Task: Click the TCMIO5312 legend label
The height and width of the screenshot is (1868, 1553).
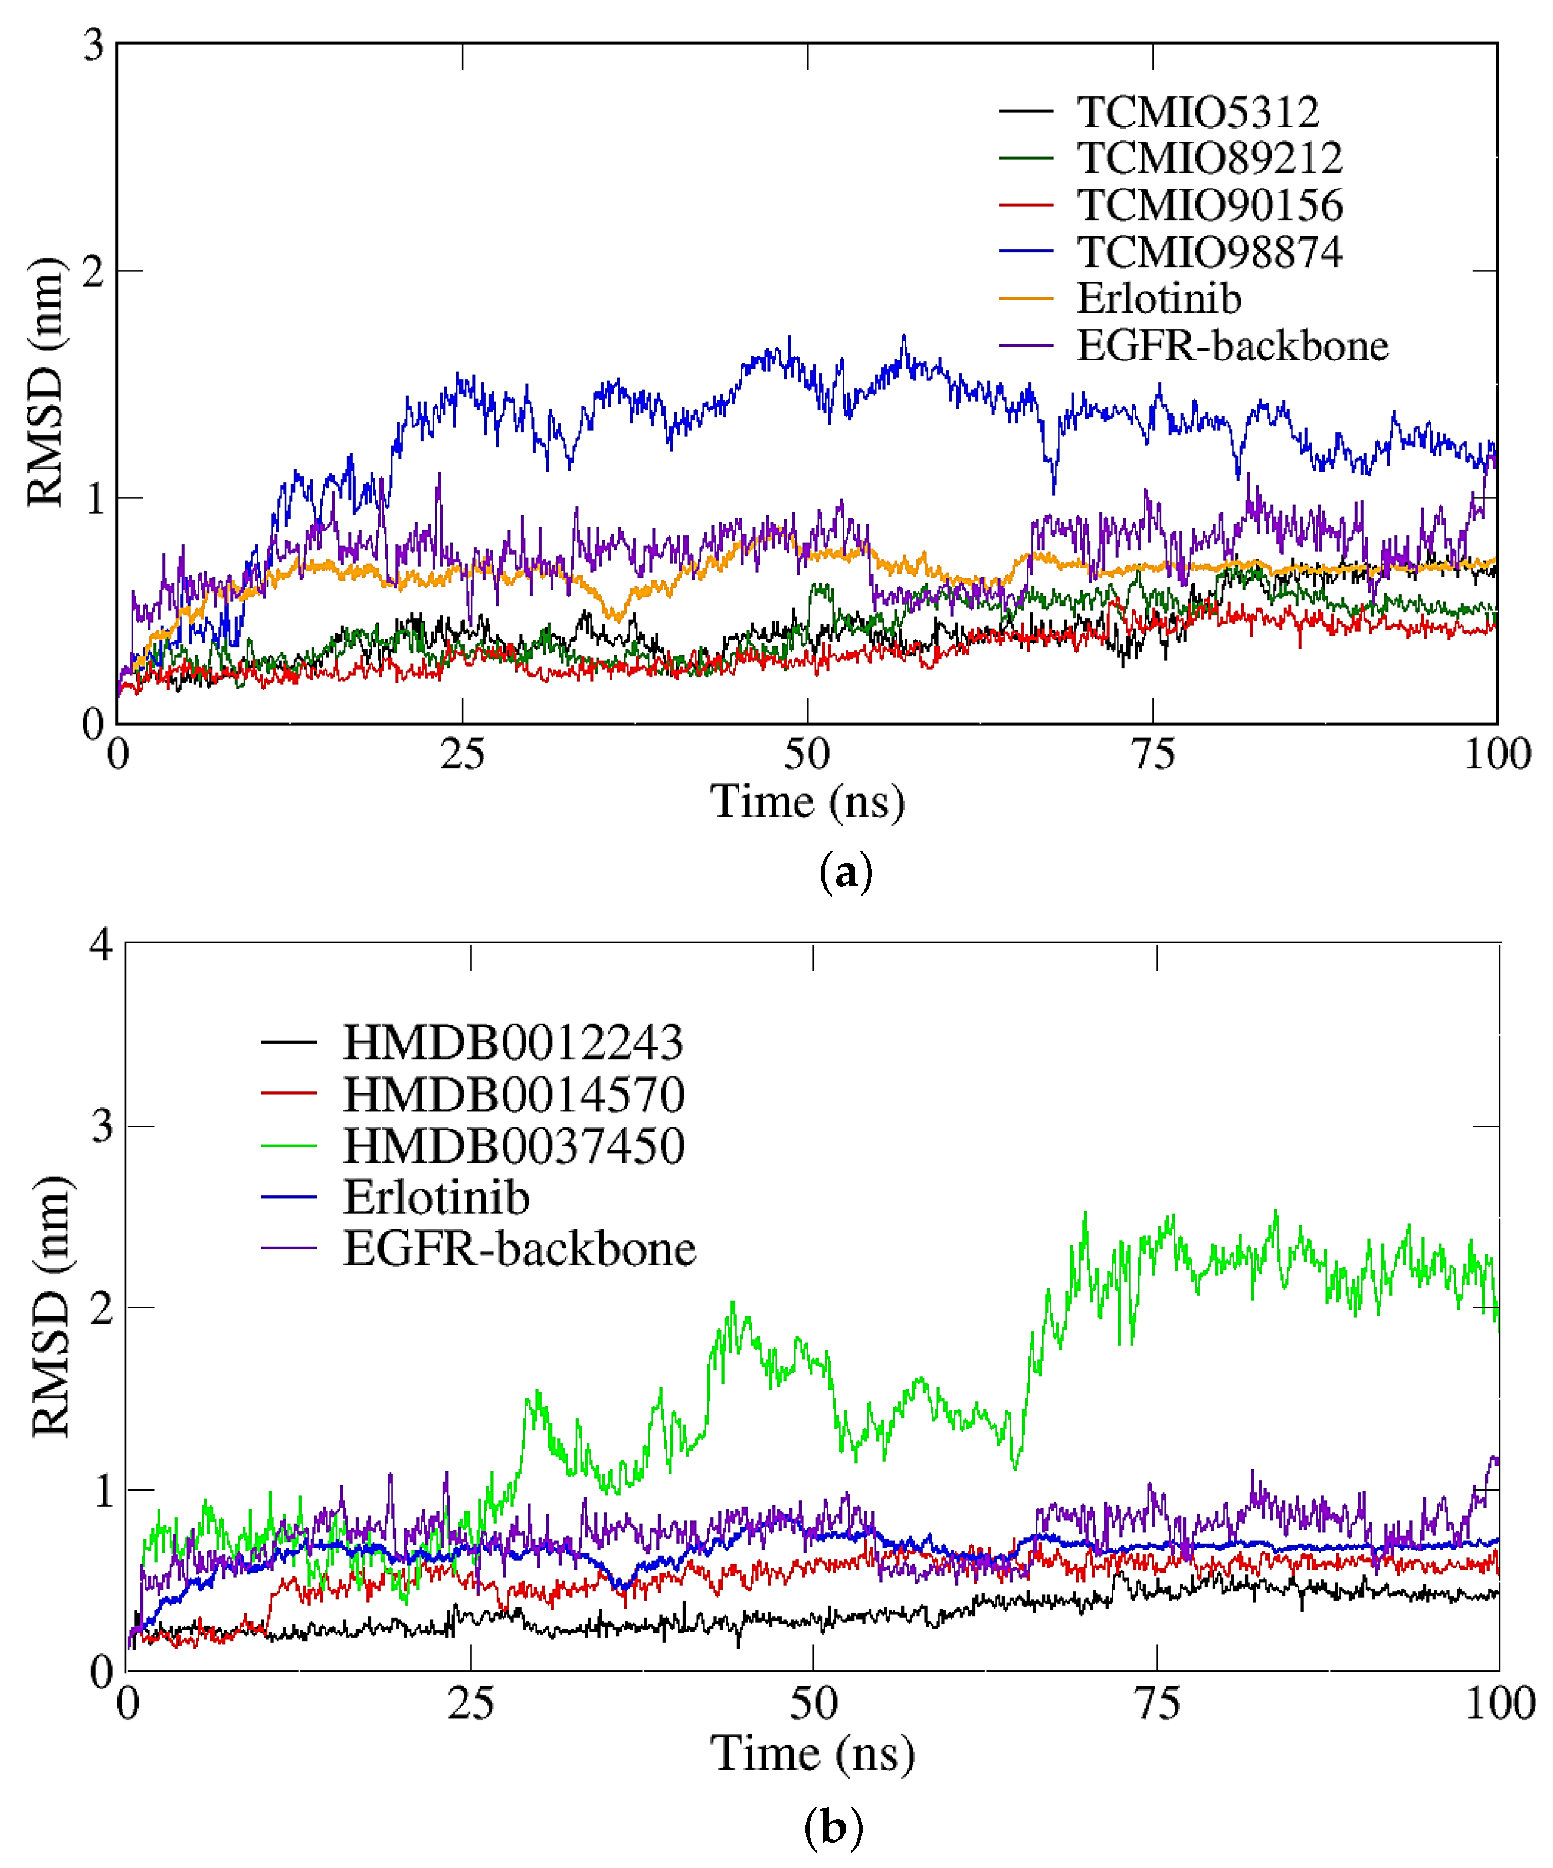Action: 1197,112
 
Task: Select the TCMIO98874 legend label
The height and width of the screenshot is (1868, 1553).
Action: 1208,252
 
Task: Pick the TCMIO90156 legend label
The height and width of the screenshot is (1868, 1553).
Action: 1208,205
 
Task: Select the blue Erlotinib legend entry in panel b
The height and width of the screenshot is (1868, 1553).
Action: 436,1198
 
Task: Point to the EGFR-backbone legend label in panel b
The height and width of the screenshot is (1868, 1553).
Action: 519,1249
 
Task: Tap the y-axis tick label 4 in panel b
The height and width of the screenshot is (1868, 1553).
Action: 100,944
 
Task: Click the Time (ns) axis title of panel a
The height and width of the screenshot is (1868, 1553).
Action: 807,803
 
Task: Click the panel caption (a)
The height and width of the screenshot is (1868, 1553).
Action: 844,873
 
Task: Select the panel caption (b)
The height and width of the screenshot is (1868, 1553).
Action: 833,1828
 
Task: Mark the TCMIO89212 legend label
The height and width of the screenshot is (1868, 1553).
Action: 1208,159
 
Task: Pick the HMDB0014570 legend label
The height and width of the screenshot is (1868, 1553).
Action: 513,1094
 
